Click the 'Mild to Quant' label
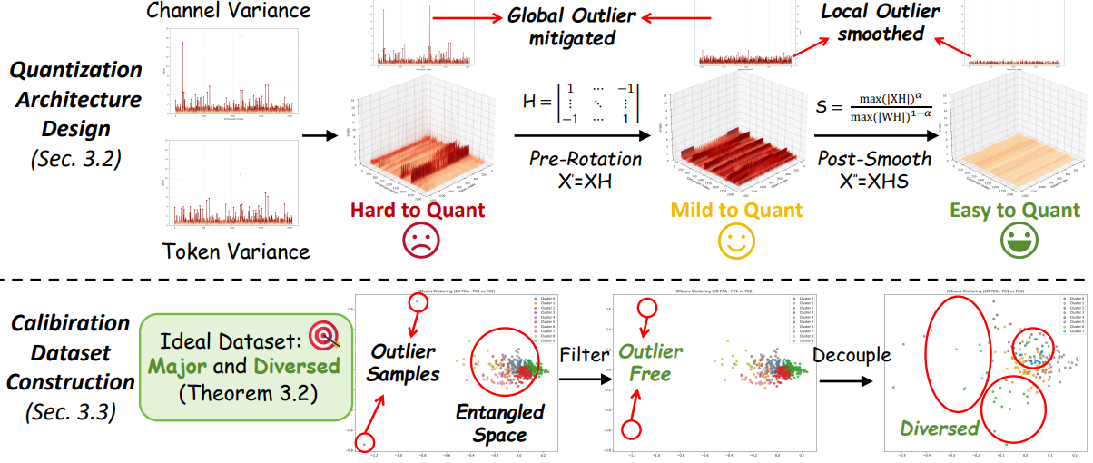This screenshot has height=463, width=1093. click(x=736, y=211)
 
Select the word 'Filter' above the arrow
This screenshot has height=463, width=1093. click(x=583, y=355)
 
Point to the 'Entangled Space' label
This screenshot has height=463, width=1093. click(x=501, y=424)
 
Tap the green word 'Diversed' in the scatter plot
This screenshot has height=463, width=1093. click(x=938, y=428)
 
